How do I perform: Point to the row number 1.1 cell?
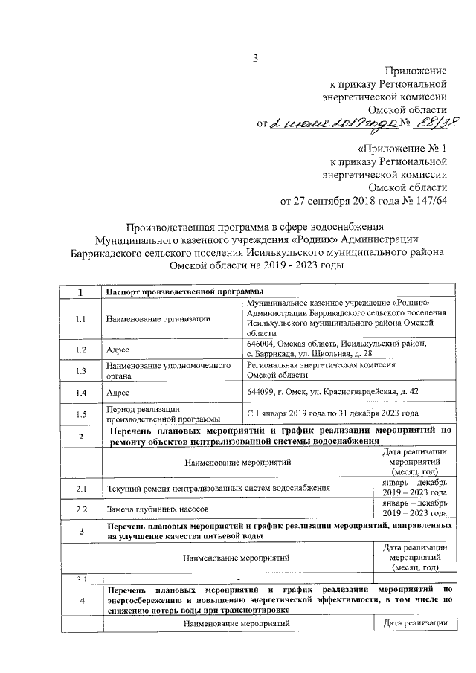[82, 319]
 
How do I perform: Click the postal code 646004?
[263, 343]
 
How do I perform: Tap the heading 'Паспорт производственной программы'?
[175, 292]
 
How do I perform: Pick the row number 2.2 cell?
[82, 509]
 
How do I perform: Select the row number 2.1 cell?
[82, 488]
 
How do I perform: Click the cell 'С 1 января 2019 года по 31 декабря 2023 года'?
[332, 413]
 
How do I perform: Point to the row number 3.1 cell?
[82, 579]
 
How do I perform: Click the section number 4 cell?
[82, 600]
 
